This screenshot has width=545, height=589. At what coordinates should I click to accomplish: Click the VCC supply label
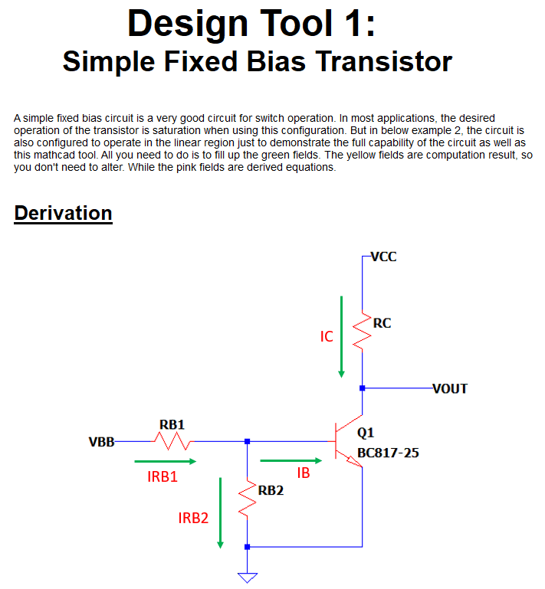383,257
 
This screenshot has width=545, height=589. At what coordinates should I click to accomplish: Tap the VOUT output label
450,388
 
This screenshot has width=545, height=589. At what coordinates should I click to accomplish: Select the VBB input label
101,442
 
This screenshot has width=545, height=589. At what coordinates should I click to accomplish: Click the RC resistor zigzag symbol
362,331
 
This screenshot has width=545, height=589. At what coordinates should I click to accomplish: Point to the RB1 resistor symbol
172,441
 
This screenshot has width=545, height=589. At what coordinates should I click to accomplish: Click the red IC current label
327,336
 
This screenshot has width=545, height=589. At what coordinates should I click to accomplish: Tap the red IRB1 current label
163,476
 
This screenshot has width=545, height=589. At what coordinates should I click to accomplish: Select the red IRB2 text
193,518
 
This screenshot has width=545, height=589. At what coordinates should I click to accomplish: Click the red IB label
304,473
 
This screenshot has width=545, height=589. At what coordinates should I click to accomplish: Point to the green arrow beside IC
342,336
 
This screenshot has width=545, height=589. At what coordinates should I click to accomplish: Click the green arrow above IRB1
165,461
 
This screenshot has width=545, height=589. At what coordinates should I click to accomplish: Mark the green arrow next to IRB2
221,512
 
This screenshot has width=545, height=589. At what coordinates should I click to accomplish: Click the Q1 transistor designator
366,433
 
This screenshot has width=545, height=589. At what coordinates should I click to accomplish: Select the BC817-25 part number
388,453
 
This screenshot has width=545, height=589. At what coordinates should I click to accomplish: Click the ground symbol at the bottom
247,577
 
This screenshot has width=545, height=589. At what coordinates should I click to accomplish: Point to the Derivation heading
64,213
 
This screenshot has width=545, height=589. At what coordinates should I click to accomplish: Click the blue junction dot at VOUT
362,388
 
